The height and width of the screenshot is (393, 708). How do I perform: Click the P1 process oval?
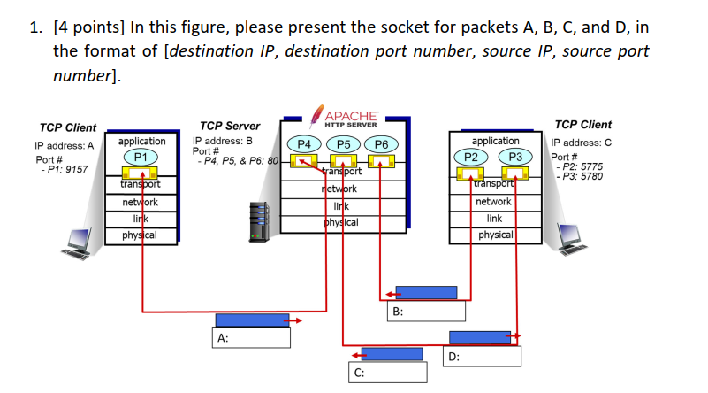141,157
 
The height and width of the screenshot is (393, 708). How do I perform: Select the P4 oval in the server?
303,143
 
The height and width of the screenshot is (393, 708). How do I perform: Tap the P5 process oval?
343,143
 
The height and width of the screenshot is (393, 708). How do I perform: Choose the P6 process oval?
382,143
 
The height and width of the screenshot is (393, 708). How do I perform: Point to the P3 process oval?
515,157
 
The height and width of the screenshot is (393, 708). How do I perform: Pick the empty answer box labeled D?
482,356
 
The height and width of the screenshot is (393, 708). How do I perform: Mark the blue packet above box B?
426,292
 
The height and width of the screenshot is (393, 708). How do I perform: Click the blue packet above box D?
480,337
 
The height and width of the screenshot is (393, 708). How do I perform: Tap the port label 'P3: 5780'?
580,176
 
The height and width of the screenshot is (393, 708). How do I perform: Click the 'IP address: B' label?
223,140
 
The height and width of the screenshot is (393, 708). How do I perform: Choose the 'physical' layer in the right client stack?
495,235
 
